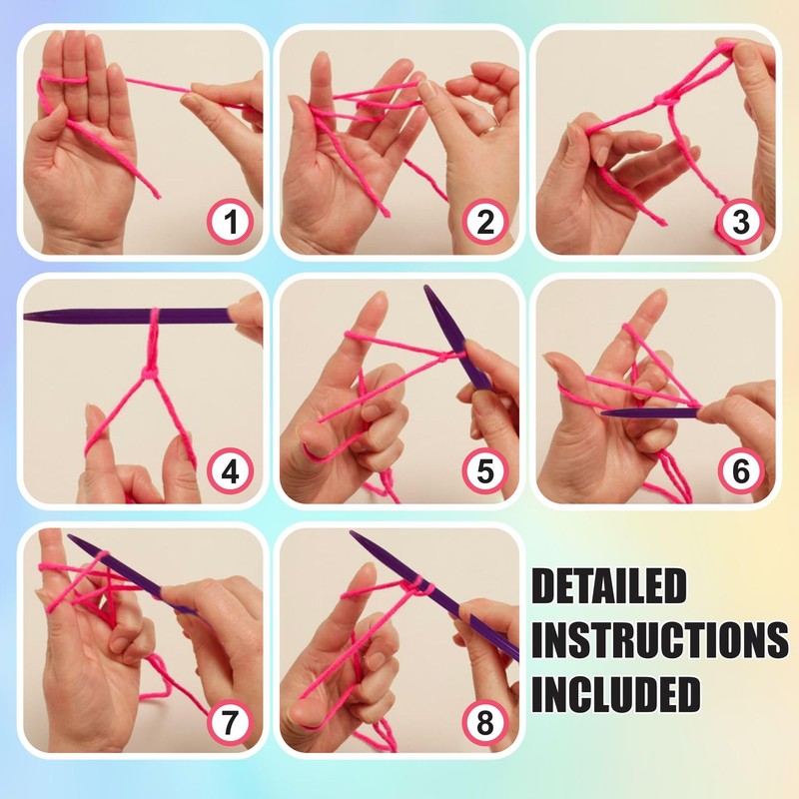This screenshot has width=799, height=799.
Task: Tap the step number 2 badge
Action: pyautogui.click(x=484, y=223)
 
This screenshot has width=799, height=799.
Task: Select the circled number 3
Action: pyautogui.click(x=740, y=223)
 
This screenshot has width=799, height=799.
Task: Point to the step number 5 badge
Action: pyautogui.click(x=484, y=470)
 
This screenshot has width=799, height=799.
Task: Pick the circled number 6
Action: pyautogui.click(x=740, y=470)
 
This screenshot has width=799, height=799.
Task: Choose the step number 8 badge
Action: pyautogui.click(x=484, y=722)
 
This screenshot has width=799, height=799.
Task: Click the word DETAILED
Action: pyautogui.click(x=608, y=587)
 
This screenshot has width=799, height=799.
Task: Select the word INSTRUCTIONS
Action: pyautogui.click(x=659, y=640)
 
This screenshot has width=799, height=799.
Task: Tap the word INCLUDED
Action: pyautogui.click(x=615, y=694)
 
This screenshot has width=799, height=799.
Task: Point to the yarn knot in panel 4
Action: pyautogui.click(x=150, y=372)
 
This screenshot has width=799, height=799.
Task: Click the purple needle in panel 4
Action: pyautogui.click(x=120, y=316)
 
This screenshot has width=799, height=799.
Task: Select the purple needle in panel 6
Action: pyautogui.click(x=649, y=410)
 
